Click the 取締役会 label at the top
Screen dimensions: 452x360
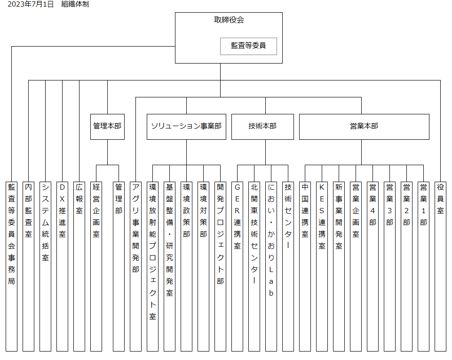click(229, 20)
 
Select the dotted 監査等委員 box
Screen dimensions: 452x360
click(248, 46)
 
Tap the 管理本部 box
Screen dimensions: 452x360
click(108, 127)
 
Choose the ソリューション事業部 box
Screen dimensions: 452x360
click(187, 127)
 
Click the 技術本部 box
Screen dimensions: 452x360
click(262, 127)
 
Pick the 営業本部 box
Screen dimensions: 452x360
click(364, 127)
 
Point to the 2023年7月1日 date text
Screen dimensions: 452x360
click(31, 4)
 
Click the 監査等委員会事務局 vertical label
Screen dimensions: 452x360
click(12, 234)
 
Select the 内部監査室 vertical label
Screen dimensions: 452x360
click(29, 210)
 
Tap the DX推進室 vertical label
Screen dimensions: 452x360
click(62, 210)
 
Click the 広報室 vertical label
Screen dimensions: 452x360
click(79, 199)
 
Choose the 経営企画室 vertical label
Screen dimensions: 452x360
click(96, 210)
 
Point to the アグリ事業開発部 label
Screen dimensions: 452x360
click(136, 228)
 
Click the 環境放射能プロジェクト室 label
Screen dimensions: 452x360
click(153, 252)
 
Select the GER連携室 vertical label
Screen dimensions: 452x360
click(237, 216)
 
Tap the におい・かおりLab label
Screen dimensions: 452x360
click(271, 240)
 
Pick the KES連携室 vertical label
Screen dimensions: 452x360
click(322, 216)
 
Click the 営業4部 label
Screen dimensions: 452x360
click(373, 205)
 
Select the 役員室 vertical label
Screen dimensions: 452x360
click(440, 199)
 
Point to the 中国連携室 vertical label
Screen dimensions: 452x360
click(305, 210)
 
